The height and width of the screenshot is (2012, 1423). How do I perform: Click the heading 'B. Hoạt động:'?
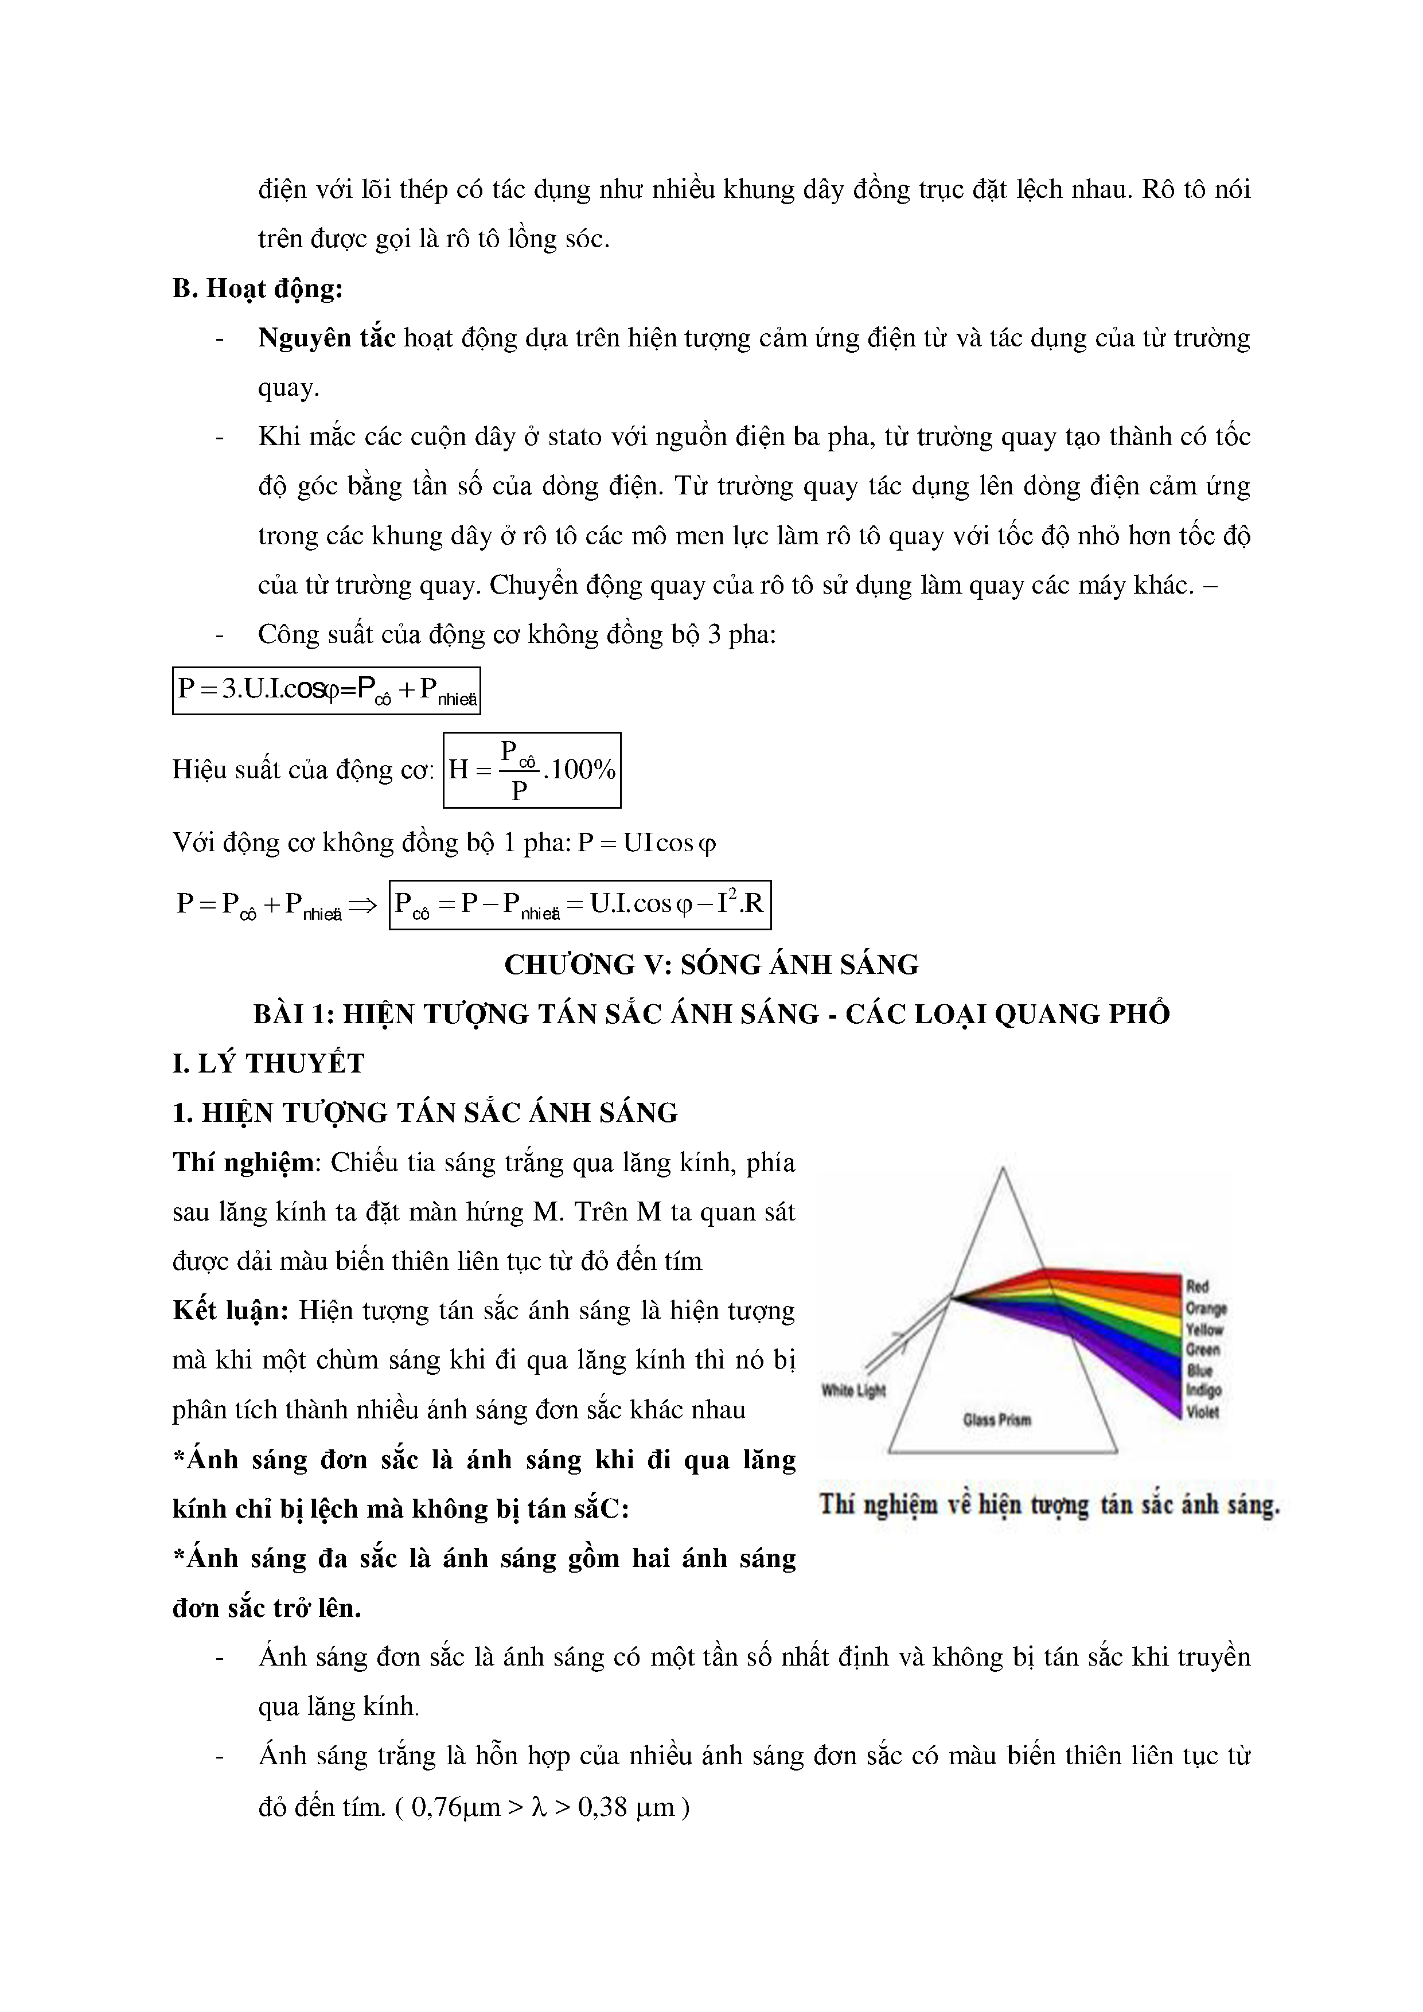coord(257,289)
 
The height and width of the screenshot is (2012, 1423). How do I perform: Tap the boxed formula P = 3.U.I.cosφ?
coord(326,691)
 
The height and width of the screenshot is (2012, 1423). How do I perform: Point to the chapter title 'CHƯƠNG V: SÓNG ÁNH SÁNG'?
coord(711,965)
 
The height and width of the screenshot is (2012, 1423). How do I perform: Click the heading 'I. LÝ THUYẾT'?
coord(268,1064)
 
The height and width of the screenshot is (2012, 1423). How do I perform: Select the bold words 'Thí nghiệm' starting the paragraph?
coord(244,1163)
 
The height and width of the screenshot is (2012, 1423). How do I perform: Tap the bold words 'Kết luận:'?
coord(231,1311)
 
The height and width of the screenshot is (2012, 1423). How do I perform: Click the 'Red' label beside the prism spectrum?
coord(1197,1287)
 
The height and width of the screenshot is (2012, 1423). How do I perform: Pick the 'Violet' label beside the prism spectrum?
coord(1202,1411)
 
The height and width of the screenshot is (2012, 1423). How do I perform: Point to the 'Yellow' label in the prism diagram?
coord(1203,1329)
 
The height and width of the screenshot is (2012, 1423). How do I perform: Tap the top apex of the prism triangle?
coord(1003,1168)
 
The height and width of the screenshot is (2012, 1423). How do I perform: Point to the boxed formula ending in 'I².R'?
coord(579,904)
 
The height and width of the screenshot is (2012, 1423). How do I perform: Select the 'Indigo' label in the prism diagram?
coord(1203,1391)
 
